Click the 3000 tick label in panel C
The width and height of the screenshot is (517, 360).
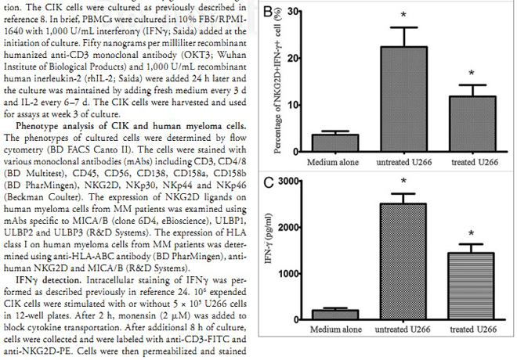pyautogui.click(x=287, y=182)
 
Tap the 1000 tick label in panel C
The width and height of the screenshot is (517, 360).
pyautogui.click(x=287, y=273)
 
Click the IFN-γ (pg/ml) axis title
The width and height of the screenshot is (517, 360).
pyautogui.click(x=269, y=250)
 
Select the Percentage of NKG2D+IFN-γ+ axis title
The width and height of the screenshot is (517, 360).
pyautogui.click(x=269, y=82)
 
